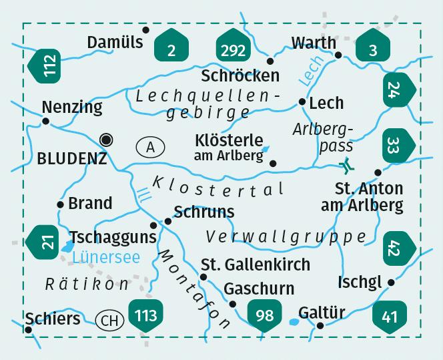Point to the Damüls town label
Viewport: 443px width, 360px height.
115,43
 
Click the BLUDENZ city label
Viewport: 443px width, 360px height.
72,159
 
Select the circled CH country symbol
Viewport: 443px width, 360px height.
110,321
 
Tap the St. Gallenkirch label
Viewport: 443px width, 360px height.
256,264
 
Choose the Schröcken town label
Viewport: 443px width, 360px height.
241,76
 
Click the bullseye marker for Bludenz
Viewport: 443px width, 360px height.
105,139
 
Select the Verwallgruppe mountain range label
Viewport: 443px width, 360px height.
286,236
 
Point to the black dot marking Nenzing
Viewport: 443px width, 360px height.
46,121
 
